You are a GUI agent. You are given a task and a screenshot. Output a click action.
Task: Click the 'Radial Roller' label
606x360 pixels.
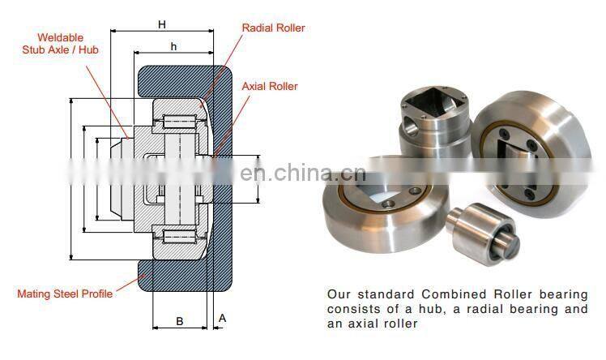click(273, 28)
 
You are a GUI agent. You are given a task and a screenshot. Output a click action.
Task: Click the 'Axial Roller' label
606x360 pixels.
click(270, 86)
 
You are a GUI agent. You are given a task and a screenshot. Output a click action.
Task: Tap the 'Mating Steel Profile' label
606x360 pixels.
click(65, 294)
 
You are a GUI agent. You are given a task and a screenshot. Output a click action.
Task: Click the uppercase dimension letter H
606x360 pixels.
click(162, 24)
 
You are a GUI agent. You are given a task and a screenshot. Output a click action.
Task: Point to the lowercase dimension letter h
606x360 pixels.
click(173, 46)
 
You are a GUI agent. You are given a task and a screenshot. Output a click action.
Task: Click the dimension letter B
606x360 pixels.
click(180, 321)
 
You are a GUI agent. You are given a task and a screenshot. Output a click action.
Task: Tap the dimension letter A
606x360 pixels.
click(223, 319)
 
